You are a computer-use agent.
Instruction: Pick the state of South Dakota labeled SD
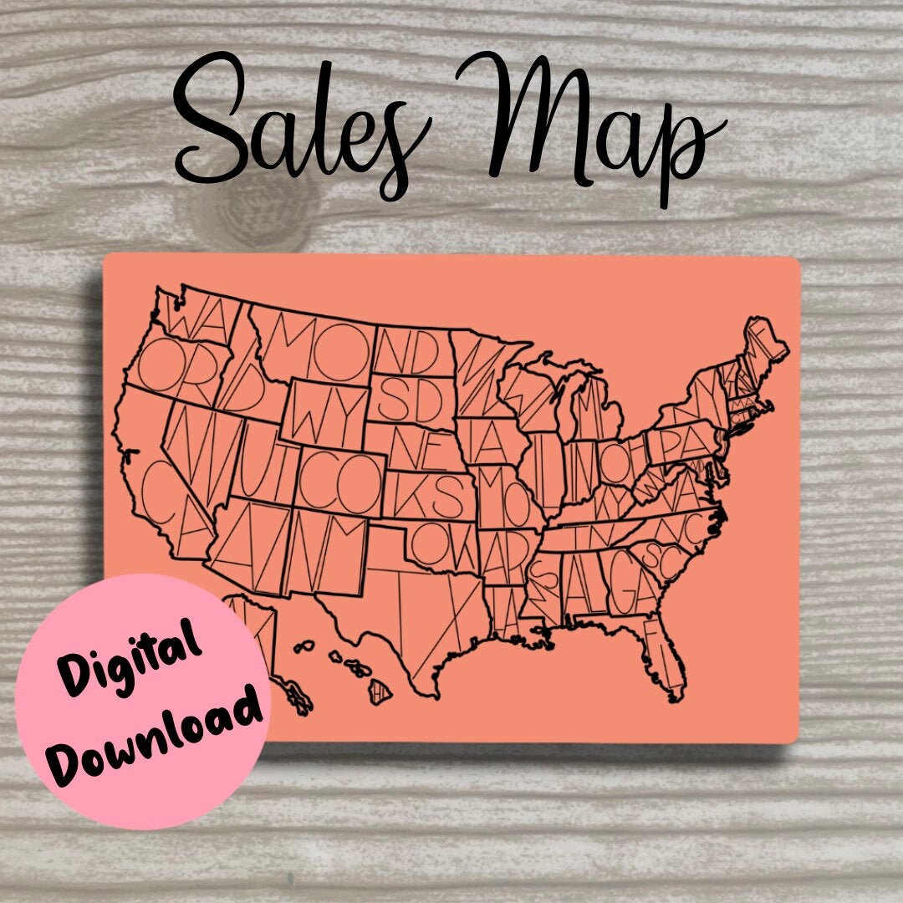coord(410,400)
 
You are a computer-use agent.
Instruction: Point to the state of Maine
coord(765,343)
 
